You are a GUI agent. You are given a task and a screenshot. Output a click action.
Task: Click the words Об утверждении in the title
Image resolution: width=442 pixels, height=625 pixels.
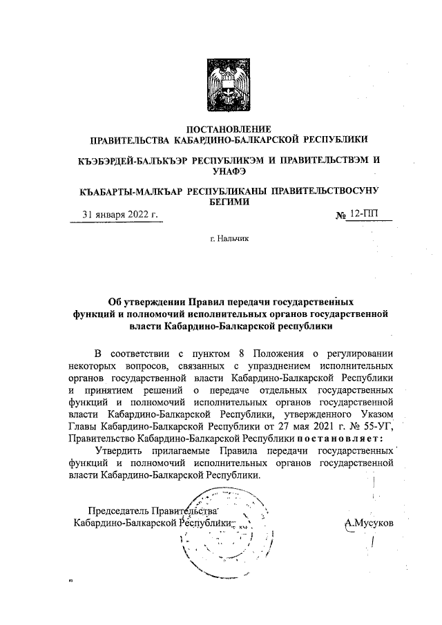(x=145, y=301)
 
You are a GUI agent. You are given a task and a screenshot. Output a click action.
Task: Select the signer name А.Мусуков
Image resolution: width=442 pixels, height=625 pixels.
(x=369, y=523)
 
